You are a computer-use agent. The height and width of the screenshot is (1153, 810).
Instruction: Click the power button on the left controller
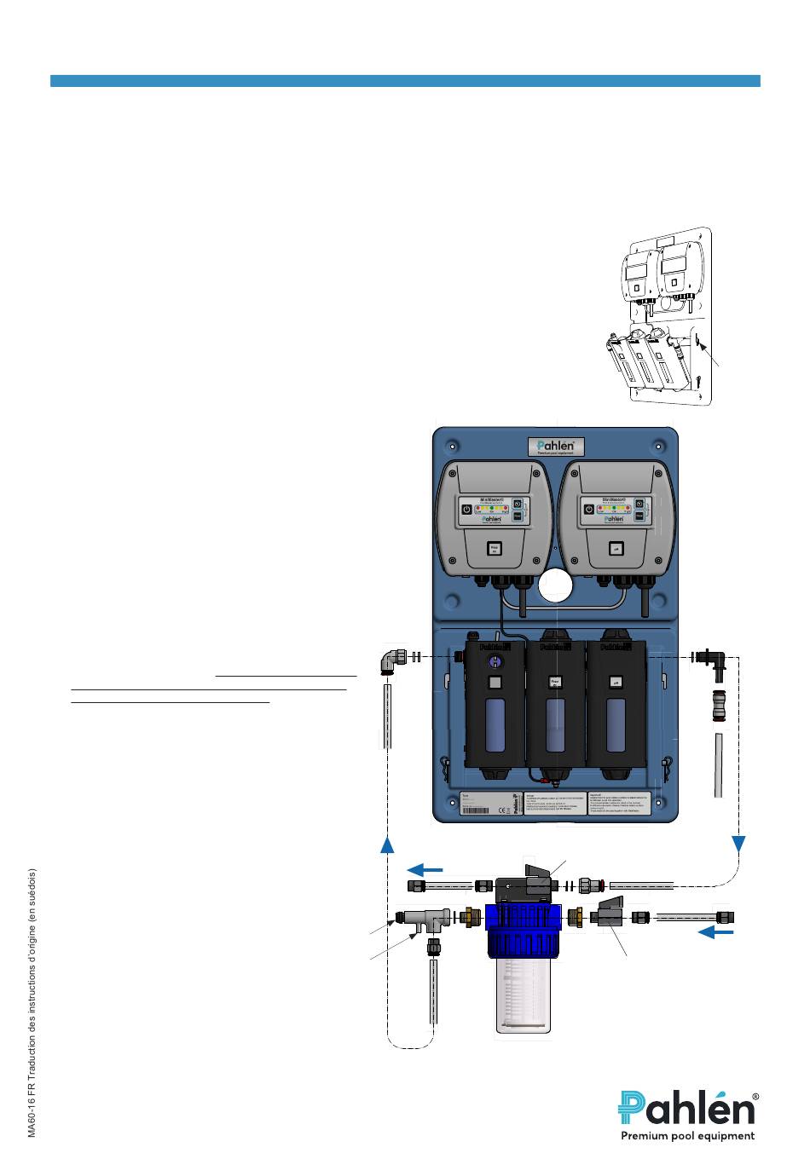pyautogui.click(x=466, y=510)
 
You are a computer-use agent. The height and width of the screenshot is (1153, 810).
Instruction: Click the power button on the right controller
pyautogui.click(x=587, y=510)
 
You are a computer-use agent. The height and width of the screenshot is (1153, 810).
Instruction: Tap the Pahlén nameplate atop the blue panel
pyautogui.click(x=556, y=446)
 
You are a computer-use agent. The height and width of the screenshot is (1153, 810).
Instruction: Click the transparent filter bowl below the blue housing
pyautogui.click(x=523, y=994)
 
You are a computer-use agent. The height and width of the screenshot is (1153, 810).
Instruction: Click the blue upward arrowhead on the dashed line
pyautogui.click(x=387, y=844)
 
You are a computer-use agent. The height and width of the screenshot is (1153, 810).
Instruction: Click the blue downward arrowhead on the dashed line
pyautogui.click(x=738, y=843)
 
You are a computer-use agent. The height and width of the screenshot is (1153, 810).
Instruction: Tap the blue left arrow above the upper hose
pyautogui.click(x=425, y=870)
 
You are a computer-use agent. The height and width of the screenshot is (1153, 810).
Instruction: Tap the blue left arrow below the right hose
pyautogui.click(x=715, y=932)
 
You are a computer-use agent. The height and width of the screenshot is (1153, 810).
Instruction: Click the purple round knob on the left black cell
pyautogui.click(x=494, y=662)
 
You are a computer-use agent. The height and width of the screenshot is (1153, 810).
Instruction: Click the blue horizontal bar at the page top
pyautogui.click(x=405, y=81)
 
